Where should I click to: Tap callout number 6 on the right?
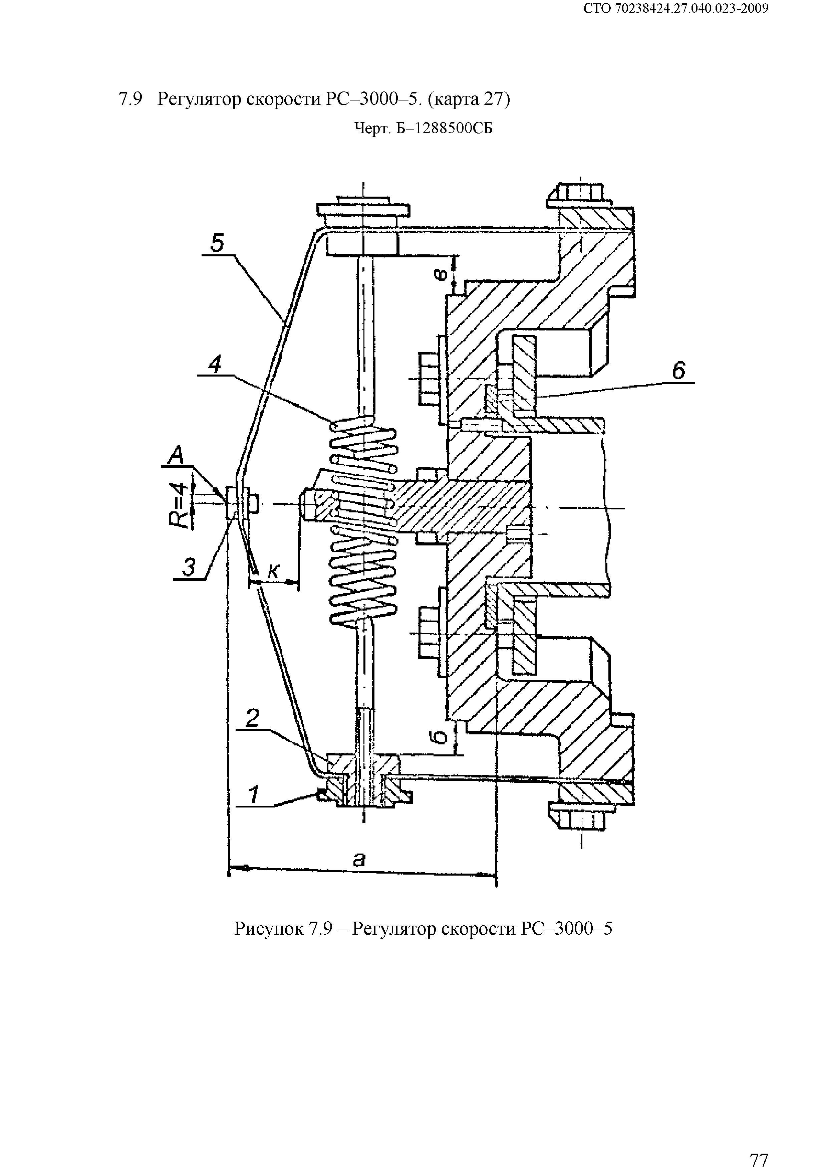tap(678, 371)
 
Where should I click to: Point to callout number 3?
tap(189, 568)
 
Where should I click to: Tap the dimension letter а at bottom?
tap(359, 859)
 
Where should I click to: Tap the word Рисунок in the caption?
tap(269, 929)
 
